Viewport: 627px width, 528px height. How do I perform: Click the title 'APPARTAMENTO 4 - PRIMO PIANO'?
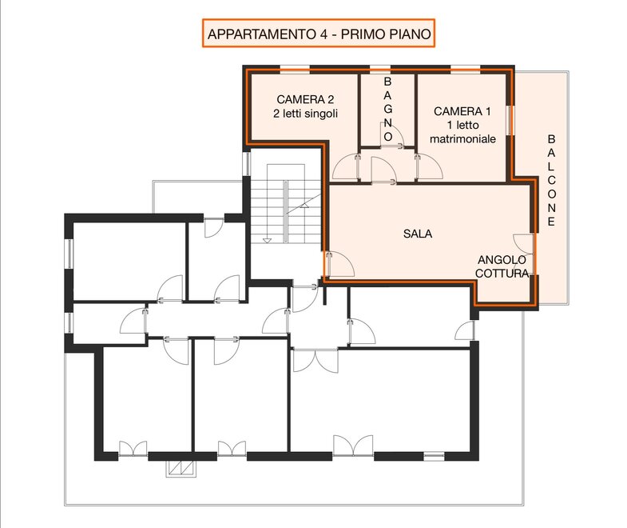point(319,34)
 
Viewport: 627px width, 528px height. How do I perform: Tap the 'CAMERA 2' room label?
point(305,99)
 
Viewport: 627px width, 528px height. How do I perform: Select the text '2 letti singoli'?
point(305,114)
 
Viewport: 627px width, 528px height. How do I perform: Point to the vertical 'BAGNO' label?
point(387,109)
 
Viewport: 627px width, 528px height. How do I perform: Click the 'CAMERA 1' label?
point(462,111)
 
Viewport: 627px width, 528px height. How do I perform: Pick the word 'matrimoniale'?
point(462,139)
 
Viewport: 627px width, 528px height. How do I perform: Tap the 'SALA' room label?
point(418,234)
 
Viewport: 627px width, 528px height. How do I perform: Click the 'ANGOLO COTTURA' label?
point(502,266)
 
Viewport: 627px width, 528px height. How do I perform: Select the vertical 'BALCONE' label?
point(551,180)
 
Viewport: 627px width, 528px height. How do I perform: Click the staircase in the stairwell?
point(285,203)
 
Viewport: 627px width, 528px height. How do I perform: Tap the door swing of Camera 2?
point(347,167)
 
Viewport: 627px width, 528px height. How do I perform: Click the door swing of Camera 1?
point(429,166)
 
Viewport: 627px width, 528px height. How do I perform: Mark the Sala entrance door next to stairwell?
point(340,264)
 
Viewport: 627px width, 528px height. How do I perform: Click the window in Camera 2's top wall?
point(294,69)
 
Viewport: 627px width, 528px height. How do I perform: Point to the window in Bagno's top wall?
point(380,69)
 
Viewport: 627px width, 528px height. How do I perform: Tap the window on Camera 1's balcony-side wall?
point(510,120)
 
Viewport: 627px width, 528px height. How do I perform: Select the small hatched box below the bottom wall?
point(181,469)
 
